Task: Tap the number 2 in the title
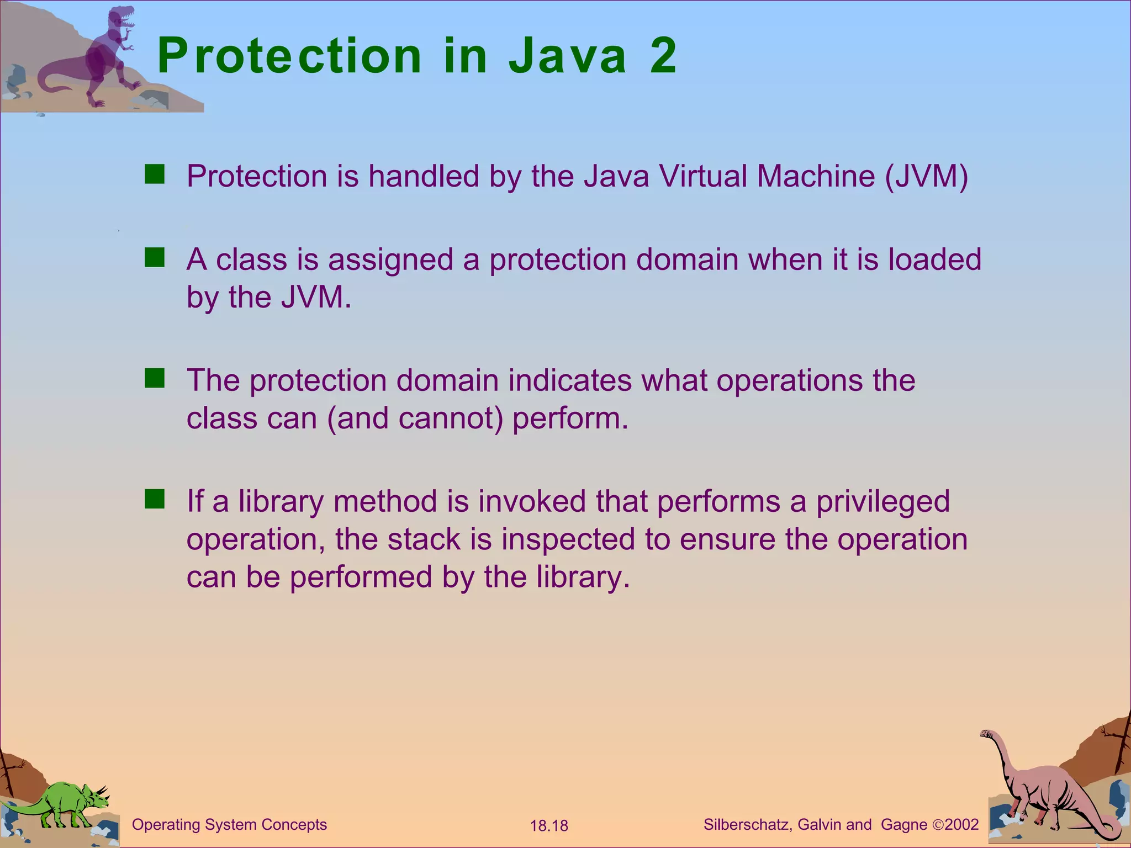pos(663,56)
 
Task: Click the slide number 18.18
pos(549,826)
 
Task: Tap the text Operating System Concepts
pos(229,825)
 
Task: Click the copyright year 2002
pos(961,825)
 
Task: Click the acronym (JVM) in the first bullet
pos(926,177)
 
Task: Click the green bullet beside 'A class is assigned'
pos(155,258)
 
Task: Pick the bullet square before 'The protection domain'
pos(155,379)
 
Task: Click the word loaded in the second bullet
pos(934,259)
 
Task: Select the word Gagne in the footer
pos(904,825)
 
